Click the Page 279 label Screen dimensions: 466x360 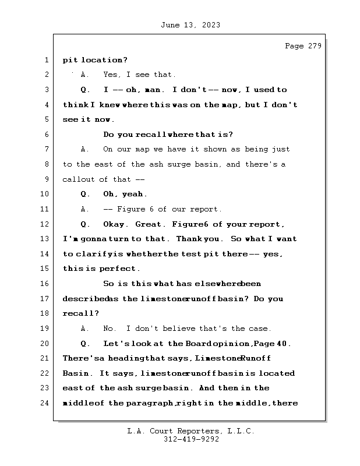[x=303, y=47]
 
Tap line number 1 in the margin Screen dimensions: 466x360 [x=46, y=60]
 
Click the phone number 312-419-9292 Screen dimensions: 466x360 [x=191, y=440]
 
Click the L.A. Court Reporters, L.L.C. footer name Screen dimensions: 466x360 [x=191, y=431]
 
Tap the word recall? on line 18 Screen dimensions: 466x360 [x=81, y=313]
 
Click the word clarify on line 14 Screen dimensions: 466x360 [x=94, y=254]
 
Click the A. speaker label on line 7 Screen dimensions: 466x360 [x=84, y=150]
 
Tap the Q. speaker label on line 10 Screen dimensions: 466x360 [x=85, y=195]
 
